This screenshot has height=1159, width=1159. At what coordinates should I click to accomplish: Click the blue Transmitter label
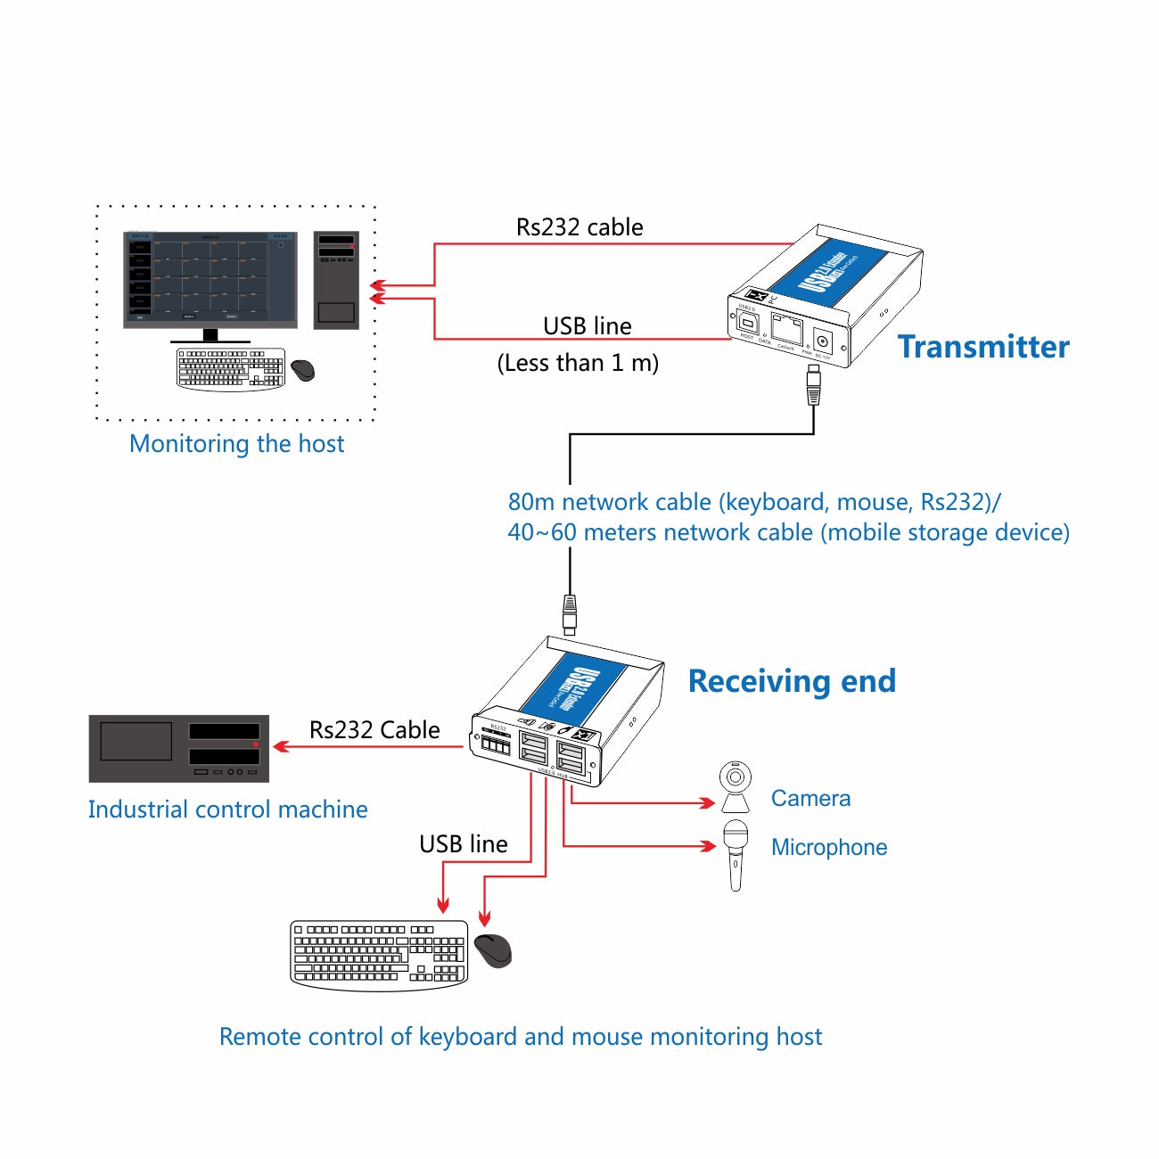982,347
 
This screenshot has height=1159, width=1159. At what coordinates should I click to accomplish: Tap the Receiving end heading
792,681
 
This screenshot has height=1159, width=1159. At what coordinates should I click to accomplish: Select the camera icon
735,785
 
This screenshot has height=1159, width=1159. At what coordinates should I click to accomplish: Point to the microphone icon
735,854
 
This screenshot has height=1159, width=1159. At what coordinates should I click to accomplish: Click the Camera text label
810,798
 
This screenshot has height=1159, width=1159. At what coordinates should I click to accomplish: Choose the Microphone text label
829,847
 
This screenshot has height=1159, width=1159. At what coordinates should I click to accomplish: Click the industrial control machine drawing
178,749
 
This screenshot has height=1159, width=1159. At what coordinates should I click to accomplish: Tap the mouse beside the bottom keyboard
493,950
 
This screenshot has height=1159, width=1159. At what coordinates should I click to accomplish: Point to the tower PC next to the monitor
336,280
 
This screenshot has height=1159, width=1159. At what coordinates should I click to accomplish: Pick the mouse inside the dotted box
303,370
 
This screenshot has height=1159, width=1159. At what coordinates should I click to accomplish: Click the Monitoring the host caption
236,444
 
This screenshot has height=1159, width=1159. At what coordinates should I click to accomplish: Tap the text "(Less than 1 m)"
578,363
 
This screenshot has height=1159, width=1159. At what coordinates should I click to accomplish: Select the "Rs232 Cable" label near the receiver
374,730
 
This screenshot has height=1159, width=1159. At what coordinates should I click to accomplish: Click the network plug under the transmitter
813,384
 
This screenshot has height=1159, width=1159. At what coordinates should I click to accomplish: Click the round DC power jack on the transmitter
822,341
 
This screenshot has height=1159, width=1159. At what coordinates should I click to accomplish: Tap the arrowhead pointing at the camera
708,803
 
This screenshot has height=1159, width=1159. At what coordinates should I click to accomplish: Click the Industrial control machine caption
227,810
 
